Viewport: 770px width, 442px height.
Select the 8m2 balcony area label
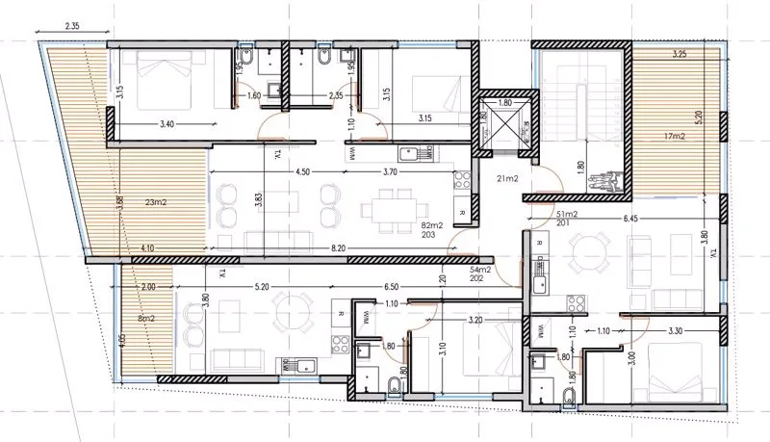pyautogui.click(x=148, y=318)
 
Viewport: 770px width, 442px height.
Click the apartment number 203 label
pyautogui.click(x=430, y=234)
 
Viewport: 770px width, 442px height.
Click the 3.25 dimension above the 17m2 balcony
pyautogui.click(x=680, y=53)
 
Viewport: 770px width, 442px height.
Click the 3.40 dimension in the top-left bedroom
pyautogui.click(x=164, y=124)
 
